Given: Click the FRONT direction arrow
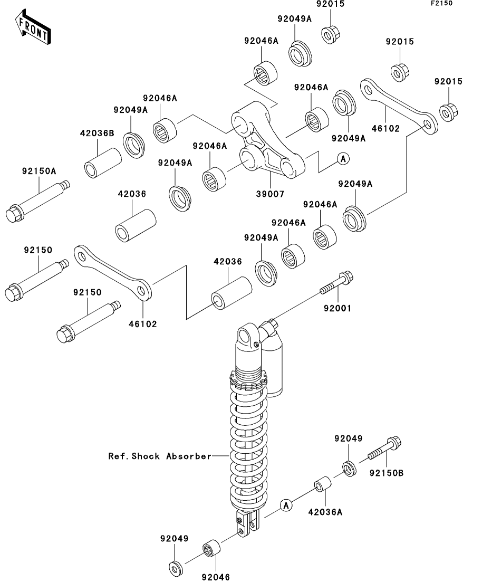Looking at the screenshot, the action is click(x=33, y=28).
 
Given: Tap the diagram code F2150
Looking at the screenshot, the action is click(x=441, y=3).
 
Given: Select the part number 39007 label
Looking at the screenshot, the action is click(x=270, y=194).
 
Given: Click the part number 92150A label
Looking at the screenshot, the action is click(x=39, y=171).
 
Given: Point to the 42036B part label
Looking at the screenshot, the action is click(x=97, y=133).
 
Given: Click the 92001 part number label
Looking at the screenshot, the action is click(x=338, y=309).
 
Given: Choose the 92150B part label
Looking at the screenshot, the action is click(x=387, y=473).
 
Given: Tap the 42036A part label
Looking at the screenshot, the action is click(x=325, y=512).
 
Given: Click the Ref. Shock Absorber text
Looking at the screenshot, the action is click(x=160, y=456).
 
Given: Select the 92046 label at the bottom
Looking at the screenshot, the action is click(x=216, y=577).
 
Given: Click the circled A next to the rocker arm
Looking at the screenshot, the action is click(x=344, y=159).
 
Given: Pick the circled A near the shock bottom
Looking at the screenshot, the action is click(x=286, y=505).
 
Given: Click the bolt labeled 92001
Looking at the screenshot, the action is click(x=336, y=283).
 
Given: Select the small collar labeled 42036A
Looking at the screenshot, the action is click(x=323, y=484).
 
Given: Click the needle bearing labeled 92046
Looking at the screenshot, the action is click(x=211, y=548).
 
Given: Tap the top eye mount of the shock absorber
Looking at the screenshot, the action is click(x=246, y=336).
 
